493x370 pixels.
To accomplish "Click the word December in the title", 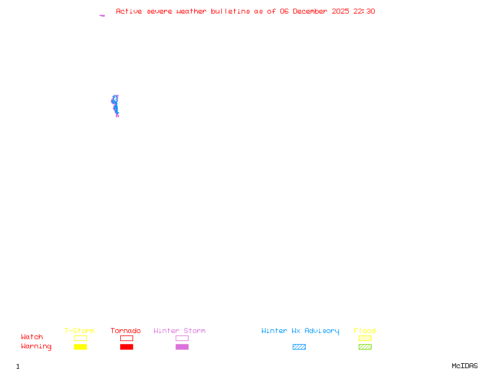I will [x=313, y=11].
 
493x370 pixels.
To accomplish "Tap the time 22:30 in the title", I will [x=364, y=11].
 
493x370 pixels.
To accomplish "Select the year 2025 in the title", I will [x=340, y=11].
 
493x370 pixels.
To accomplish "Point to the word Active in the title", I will [x=129, y=11].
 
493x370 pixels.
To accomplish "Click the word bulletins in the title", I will [x=230, y=11].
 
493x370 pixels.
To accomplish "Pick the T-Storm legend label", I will [x=79, y=331].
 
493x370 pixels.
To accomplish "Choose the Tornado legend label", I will [x=126, y=331].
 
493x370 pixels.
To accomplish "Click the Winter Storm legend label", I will [x=179, y=331].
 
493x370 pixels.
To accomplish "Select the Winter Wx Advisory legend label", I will [x=300, y=331].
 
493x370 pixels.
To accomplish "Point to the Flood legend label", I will [x=365, y=331].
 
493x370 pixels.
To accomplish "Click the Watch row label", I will [x=32, y=337].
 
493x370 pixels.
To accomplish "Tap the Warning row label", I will [x=36, y=347].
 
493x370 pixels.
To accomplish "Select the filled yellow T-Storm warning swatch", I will [x=80, y=347].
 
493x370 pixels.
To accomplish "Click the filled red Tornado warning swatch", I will [x=126, y=347].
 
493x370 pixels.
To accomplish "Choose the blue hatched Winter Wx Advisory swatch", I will [x=299, y=347].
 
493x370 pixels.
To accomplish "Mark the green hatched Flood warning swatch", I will [x=365, y=347].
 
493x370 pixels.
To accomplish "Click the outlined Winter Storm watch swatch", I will [x=182, y=339].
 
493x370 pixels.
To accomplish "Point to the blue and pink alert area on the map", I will [x=115, y=105].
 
